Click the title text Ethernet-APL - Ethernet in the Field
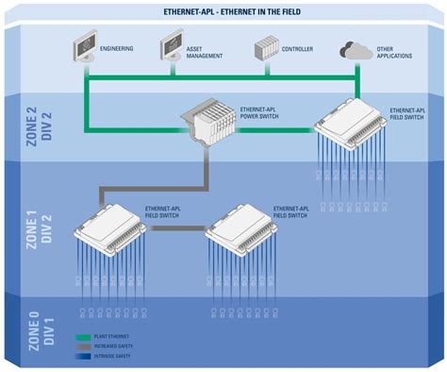tap(223, 10)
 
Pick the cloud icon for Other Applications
tap(356, 48)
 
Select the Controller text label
tap(298, 47)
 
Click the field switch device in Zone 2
tap(352, 120)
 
